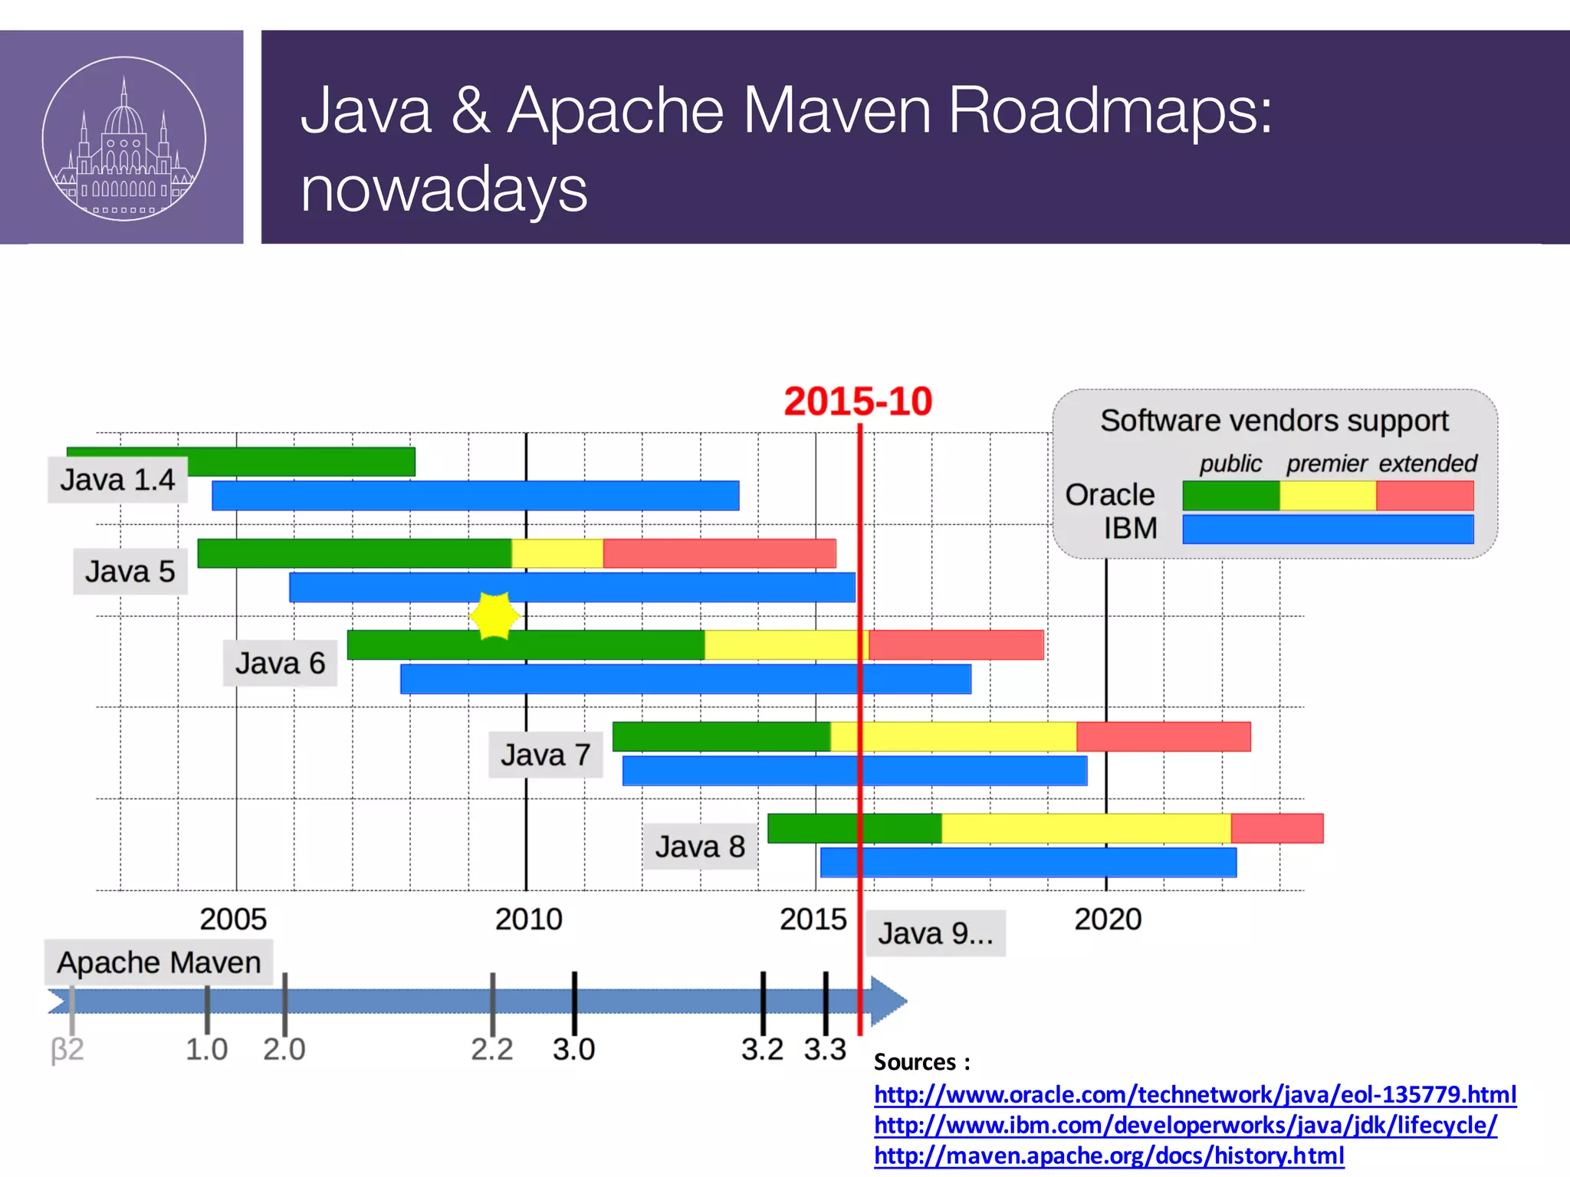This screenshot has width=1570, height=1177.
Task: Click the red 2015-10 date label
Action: coord(857,402)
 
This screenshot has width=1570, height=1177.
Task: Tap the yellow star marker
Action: coord(494,615)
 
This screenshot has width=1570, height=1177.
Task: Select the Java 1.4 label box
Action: coord(117,480)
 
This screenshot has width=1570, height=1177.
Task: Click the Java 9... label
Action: coord(935,933)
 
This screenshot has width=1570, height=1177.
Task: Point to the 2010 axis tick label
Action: coord(528,919)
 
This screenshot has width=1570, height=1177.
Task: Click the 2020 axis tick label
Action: coord(1108,919)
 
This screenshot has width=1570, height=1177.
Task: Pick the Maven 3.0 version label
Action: coord(573,1049)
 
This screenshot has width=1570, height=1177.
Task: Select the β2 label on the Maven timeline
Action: coord(67,1049)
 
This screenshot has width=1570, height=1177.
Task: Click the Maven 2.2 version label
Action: coord(491,1049)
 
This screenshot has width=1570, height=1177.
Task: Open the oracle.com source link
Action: coord(1194,1094)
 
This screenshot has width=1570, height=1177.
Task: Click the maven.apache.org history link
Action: coord(1109,1156)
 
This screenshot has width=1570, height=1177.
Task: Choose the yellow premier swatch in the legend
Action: coord(1328,496)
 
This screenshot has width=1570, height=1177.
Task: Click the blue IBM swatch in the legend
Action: coord(1328,529)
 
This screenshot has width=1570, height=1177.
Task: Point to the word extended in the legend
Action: coord(1427,464)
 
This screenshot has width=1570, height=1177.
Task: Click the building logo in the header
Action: coord(123,139)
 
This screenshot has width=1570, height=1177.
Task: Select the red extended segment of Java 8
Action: coord(1276,828)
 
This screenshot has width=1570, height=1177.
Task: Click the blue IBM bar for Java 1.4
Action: coord(475,496)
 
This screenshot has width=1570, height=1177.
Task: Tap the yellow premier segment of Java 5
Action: coord(557,553)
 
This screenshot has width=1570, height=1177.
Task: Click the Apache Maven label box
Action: coord(159,962)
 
